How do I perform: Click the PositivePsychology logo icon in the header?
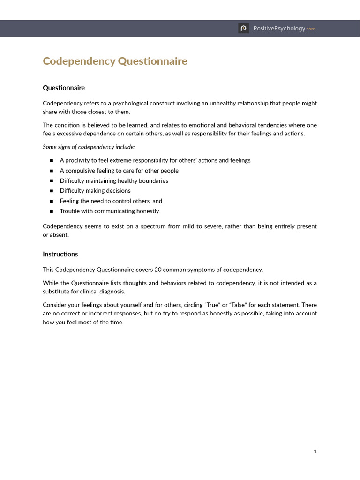pos(243,29)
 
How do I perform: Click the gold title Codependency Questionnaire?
pos(115,61)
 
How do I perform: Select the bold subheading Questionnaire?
pos(64,88)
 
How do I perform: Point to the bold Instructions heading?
pos(60,255)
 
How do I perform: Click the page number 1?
pos(315,451)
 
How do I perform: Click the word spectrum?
pos(148,226)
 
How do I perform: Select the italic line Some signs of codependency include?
pos(89,147)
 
